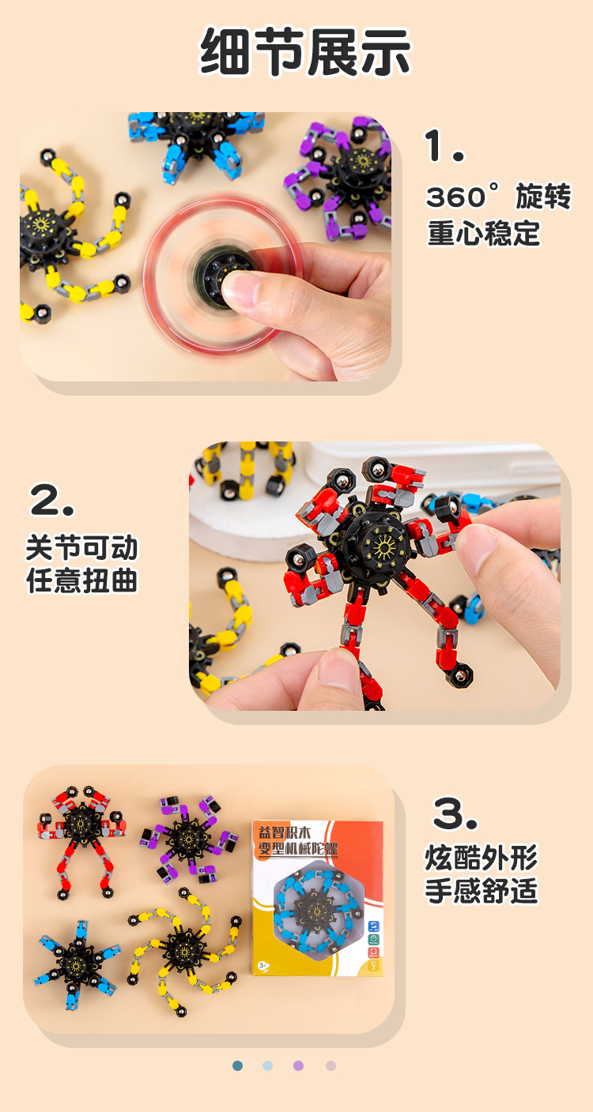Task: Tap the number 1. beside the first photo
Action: coord(444,146)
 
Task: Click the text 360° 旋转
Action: coord(498,197)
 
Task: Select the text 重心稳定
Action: coord(484,234)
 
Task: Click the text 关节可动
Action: coord(81,547)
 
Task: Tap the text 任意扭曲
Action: coord(81,581)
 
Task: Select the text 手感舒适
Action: coord(481,891)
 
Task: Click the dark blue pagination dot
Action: coord(238,1065)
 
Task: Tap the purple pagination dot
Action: coord(298,1065)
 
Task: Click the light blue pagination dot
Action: coord(268,1065)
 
